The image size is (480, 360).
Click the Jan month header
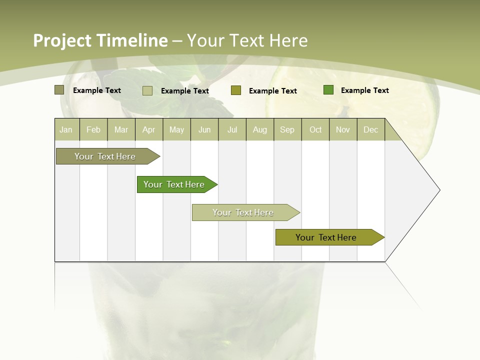(66, 129)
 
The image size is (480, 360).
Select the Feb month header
(93, 129)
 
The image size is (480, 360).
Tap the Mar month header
(121, 129)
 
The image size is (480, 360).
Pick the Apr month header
(149, 129)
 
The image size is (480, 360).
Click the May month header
(176, 129)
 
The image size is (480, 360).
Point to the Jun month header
(204, 129)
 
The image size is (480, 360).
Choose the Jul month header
(232, 129)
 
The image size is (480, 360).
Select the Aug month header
(260, 129)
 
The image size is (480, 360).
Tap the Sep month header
(287, 129)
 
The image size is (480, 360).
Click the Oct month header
(315, 129)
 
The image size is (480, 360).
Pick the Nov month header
(343, 129)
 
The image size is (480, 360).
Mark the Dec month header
(371, 129)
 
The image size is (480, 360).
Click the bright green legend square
(328, 90)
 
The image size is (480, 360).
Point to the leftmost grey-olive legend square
(59, 90)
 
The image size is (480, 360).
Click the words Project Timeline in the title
(100, 40)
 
